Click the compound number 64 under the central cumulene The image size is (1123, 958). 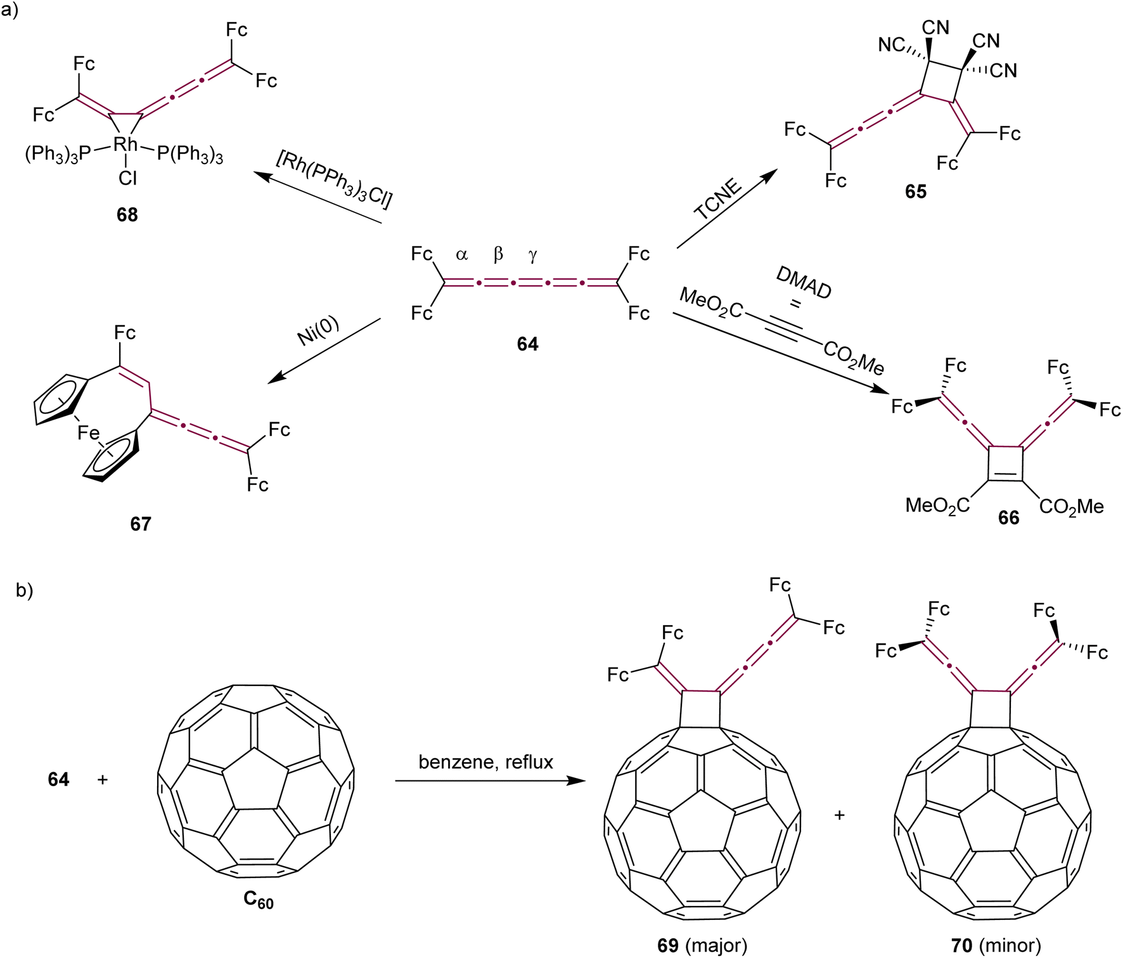[x=527, y=344]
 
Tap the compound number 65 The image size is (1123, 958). [x=916, y=191]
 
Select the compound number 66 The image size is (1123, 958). [x=1008, y=518]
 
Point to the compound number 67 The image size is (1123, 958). [x=141, y=524]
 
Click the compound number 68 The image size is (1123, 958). [x=127, y=215]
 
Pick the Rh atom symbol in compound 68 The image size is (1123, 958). [x=125, y=145]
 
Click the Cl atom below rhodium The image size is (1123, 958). [x=127, y=178]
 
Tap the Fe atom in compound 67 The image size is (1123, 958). [x=89, y=432]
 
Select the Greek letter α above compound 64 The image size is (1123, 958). [x=461, y=255]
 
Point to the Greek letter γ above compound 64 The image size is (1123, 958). [x=532, y=255]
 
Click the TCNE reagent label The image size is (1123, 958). [x=718, y=199]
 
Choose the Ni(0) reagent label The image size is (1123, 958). [x=318, y=331]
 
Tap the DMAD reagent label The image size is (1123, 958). [x=804, y=283]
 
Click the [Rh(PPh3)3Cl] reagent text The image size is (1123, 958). [x=334, y=179]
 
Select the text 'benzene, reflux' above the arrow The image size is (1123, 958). [x=485, y=761]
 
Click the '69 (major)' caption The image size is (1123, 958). [x=702, y=945]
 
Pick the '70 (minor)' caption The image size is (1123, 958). [x=996, y=945]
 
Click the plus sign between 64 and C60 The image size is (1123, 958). [x=103, y=779]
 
